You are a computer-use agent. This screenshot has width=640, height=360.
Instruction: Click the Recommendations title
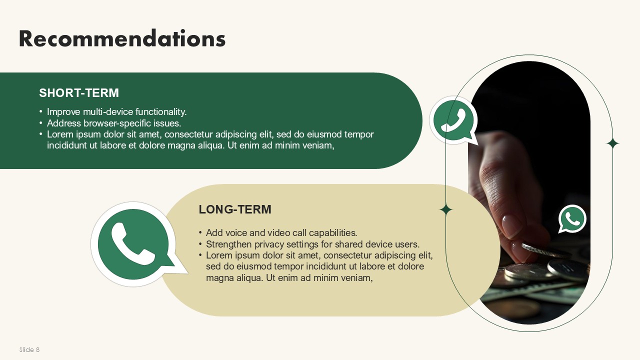122,38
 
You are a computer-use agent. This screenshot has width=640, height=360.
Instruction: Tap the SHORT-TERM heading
79,93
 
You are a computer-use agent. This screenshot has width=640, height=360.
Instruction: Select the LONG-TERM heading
235,209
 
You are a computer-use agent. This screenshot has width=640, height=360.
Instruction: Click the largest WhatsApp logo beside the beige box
137,244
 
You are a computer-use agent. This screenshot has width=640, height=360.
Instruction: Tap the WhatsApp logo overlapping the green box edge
453,120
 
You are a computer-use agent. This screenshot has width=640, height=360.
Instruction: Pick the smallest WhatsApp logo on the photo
572,218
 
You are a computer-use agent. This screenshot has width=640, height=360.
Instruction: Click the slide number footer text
29,349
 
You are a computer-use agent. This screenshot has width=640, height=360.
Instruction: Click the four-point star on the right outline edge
612,143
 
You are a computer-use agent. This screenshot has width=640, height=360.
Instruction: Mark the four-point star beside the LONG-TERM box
445,210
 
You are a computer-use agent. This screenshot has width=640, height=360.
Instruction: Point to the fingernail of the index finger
510,225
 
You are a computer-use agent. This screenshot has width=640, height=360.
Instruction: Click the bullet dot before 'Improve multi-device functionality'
41,111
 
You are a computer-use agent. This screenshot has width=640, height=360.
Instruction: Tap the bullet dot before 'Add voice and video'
200,232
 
